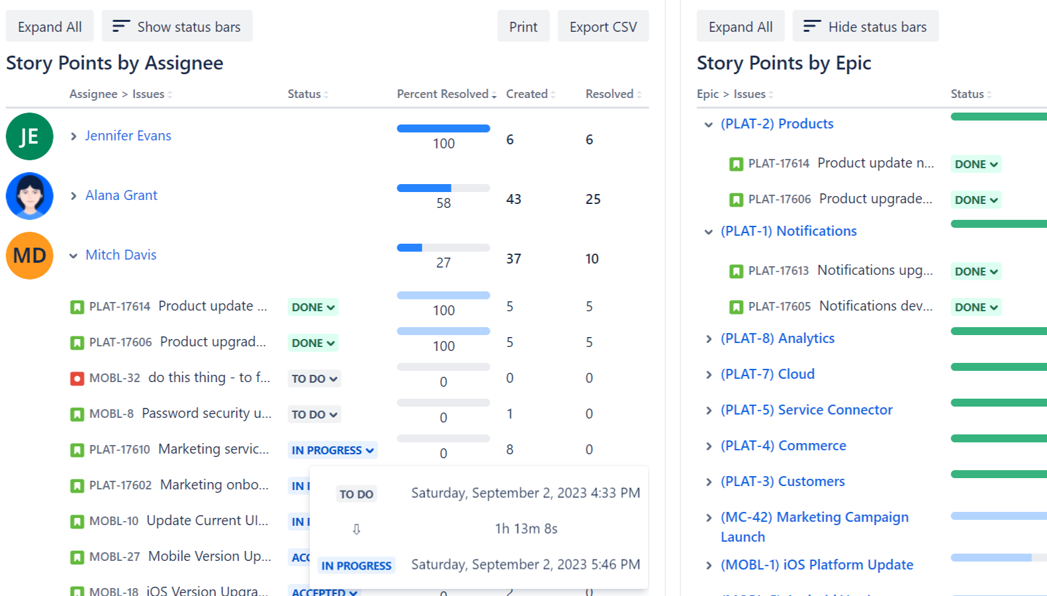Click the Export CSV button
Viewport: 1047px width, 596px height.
pyautogui.click(x=603, y=26)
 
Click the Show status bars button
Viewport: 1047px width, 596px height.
pyautogui.click(x=176, y=26)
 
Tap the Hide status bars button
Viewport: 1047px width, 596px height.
pyautogui.click(x=865, y=26)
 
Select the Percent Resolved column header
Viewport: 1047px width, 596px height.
pyautogui.click(x=443, y=94)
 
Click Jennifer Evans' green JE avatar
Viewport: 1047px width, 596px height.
pyautogui.click(x=29, y=136)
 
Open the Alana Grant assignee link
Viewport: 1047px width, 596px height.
pyautogui.click(x=121, y=195)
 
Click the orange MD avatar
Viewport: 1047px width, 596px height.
pyautogui.click(x=29, y=256)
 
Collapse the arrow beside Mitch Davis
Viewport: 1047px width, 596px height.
pyautogui.click(x=73, y=256)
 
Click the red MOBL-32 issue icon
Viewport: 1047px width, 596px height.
pyautogui.click(x=77, y=379)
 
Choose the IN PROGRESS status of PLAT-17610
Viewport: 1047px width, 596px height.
pyautogui.click(x=332, y=450)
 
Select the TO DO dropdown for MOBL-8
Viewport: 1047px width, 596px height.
pyautogui.click(x=314, y=415)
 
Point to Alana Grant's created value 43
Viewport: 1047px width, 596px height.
pyautogui.click(x=514, y=199)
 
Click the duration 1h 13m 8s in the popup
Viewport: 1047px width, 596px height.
pyautogui.click(x=526, y=528)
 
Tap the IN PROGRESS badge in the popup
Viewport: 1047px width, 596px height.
pyautogui.click(x=356, y=566)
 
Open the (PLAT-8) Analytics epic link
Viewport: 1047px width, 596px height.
pyautogui.click(x=778, y=338)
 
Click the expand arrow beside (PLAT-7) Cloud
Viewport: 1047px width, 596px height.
pyautogui.click(x=709, y=375)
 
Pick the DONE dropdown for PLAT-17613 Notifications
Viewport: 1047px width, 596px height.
pyautogui.click(x=976, y=272)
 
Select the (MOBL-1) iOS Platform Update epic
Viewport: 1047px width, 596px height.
pyautogui.click(x=817, y=565)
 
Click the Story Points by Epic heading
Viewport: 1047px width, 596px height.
pyautogui.click(x=784, y=63)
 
